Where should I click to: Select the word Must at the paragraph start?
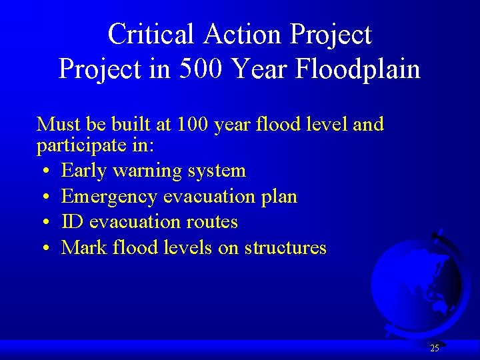56,125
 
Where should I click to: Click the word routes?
213,222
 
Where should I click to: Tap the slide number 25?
434,348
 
